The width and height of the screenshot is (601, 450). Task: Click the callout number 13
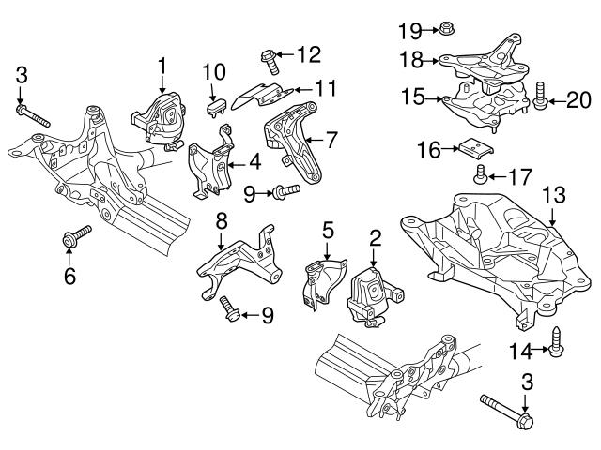point(553,195)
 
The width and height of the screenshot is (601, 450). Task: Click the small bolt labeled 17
point(480,173)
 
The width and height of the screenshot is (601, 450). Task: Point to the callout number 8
point(221,222)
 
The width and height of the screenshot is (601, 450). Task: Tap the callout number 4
point(254,162)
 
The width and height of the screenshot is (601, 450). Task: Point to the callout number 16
point(429,148)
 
